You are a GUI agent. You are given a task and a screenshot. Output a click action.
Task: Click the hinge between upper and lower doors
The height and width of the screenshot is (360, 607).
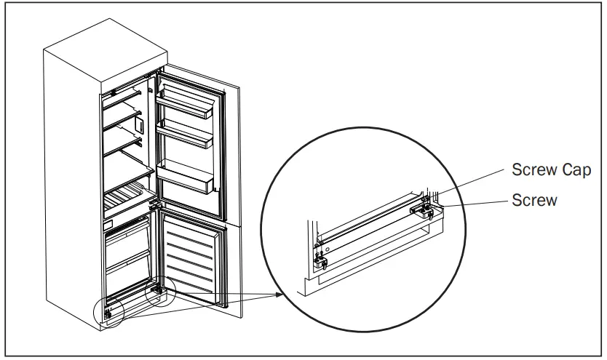154,206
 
